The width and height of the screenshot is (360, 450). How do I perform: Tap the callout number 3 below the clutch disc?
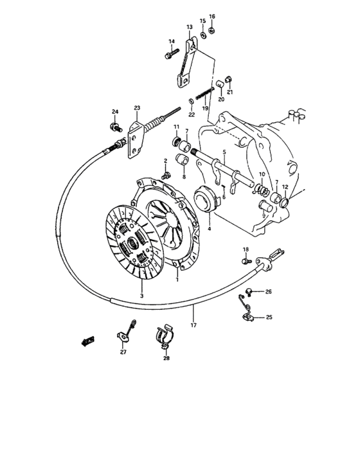pyautogui.click(x=141, y=296)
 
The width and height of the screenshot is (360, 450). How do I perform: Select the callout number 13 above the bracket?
pyautogui.click(x=190, y=27)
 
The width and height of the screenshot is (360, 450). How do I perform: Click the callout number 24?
pyautogui.click(x=116, y=112)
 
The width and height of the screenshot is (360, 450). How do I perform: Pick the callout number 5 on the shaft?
pyautogui.click(x=224, y=152)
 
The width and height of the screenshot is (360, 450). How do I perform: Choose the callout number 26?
pyautogui.click(x=268, y=292)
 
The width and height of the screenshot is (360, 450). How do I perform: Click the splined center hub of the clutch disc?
pyautogui.click(x=137, y=243)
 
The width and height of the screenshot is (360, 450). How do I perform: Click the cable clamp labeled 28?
pyautogui.click(x=165, y=337)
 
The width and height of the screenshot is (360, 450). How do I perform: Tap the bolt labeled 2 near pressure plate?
pyautogui.click(x=166, y=174)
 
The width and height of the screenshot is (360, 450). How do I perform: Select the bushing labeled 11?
pyautogui.click(x=176, y=141)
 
